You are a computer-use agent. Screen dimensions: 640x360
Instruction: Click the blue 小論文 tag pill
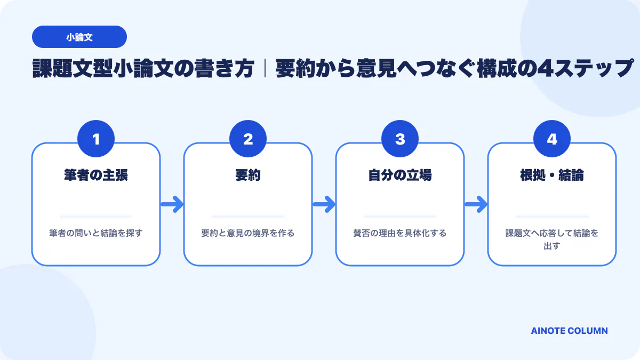[79, 37]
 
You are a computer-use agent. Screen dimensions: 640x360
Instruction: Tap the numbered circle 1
[96, 139]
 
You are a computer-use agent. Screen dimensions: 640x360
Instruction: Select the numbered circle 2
[248, 139]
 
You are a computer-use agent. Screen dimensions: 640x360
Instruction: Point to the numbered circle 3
[400, 139]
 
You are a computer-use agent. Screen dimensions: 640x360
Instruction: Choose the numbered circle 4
[552, 139]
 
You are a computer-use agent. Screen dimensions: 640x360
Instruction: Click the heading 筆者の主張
[96, 175]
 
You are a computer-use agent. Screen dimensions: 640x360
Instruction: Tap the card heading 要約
[248, 175]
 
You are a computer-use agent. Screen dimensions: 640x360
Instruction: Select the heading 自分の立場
[400, 175]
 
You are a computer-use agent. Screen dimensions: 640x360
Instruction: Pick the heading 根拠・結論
[552, 175]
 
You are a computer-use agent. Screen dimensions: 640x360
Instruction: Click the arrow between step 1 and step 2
[172, 204]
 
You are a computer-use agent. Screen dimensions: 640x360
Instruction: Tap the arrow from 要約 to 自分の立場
[324, 204]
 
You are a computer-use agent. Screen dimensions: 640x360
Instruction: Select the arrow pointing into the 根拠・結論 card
[476, 204]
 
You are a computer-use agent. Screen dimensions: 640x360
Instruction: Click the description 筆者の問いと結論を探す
[96, 233]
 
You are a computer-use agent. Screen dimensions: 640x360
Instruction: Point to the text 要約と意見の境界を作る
[248, 233]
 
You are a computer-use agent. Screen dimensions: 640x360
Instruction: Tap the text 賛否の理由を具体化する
[400, 233]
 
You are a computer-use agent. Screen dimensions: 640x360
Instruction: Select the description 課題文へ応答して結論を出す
[552, 239]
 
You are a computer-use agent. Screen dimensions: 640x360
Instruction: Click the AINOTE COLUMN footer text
[570, 331]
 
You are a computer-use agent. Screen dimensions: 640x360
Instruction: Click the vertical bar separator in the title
[265, 69]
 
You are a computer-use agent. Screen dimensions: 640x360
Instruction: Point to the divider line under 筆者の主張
[96, 217]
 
